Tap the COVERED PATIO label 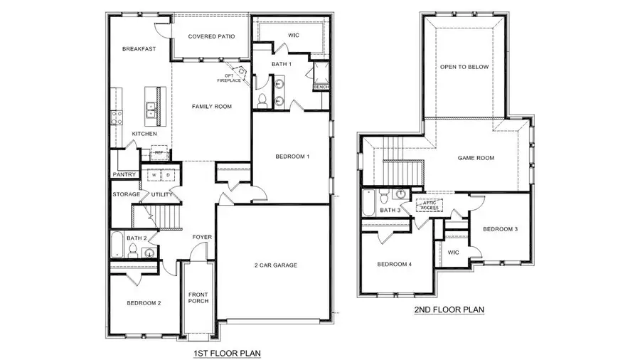pyautogui.click(x=211, y=36)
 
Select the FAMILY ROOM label pyautogui.click(x=212, y=107)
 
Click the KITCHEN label pyautogui.click(x=144, y=134)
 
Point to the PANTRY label pyautogui.click(x=124, y=174)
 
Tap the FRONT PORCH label pyautogui.click(x=198, y=297)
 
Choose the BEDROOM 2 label pyautogui.click(x=144, y=303)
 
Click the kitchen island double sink pyautogui.click(x=151, y=108)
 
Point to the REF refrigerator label pyautogui.click(x=159, y=152)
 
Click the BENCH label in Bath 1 pyautogui.click(x=321, y=87)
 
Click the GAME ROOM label pyautogui.click(x=476, y=158)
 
